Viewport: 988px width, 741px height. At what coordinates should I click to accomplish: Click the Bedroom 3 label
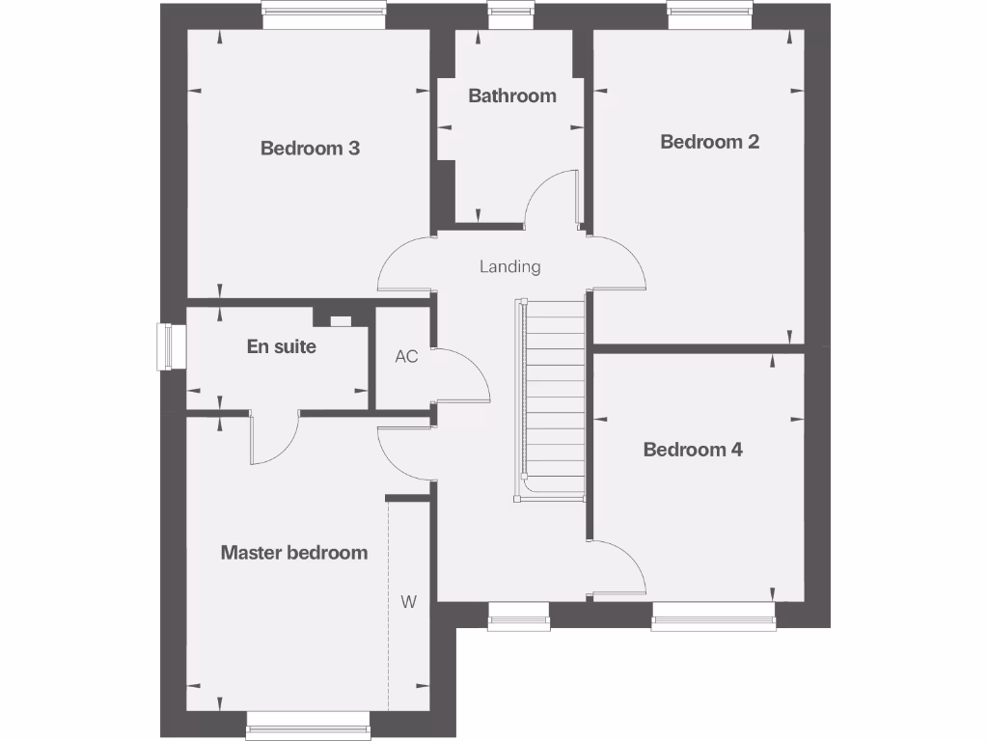[310, 149]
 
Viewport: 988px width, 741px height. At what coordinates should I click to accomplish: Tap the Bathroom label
[512, 96]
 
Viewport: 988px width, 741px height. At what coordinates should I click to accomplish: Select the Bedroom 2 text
[709, 142]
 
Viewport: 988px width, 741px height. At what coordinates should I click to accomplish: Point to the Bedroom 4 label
[693, 450]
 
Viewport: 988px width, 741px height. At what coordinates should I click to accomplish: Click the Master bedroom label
[294, 553]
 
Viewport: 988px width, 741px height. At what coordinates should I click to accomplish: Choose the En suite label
[281, 346]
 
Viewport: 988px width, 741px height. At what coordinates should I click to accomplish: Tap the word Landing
[510, 266]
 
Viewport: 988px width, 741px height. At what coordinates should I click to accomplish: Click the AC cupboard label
[406, 356]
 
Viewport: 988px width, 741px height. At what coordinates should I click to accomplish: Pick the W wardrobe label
[408, 602]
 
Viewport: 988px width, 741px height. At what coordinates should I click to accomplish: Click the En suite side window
[169, 346]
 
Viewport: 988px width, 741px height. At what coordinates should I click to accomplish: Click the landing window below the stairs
[518, 615]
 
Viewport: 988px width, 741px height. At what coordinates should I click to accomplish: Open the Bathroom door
[552, 199]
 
